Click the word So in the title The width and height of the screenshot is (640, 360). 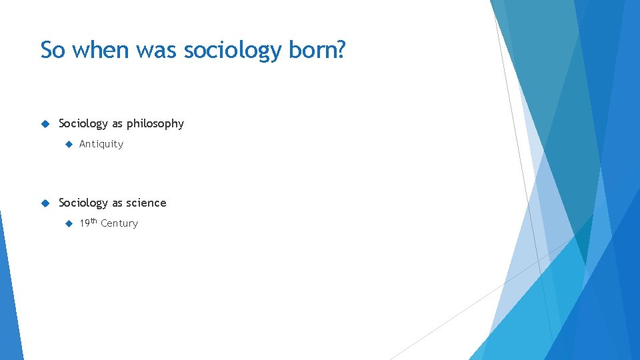[53, 50]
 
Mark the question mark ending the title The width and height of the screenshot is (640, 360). [340, 50]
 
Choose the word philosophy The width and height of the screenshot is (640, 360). [155, 124]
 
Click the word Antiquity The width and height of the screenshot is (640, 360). [101, 144]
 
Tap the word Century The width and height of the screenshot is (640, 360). [119, 223]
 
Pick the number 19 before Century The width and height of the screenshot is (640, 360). [85, 223]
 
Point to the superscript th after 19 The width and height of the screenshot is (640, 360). [94, 221]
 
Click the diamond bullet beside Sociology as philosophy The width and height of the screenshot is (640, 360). [45, 123]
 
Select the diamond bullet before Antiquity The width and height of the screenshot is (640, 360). [67, 144]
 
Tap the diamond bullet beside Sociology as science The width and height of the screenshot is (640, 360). [45, 203]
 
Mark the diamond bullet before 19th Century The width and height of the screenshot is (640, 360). [67, 223]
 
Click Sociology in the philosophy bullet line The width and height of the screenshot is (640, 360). [83, 124]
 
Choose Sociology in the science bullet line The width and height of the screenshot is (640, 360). [83, 203]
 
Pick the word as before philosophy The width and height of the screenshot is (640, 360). [117, 124]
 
